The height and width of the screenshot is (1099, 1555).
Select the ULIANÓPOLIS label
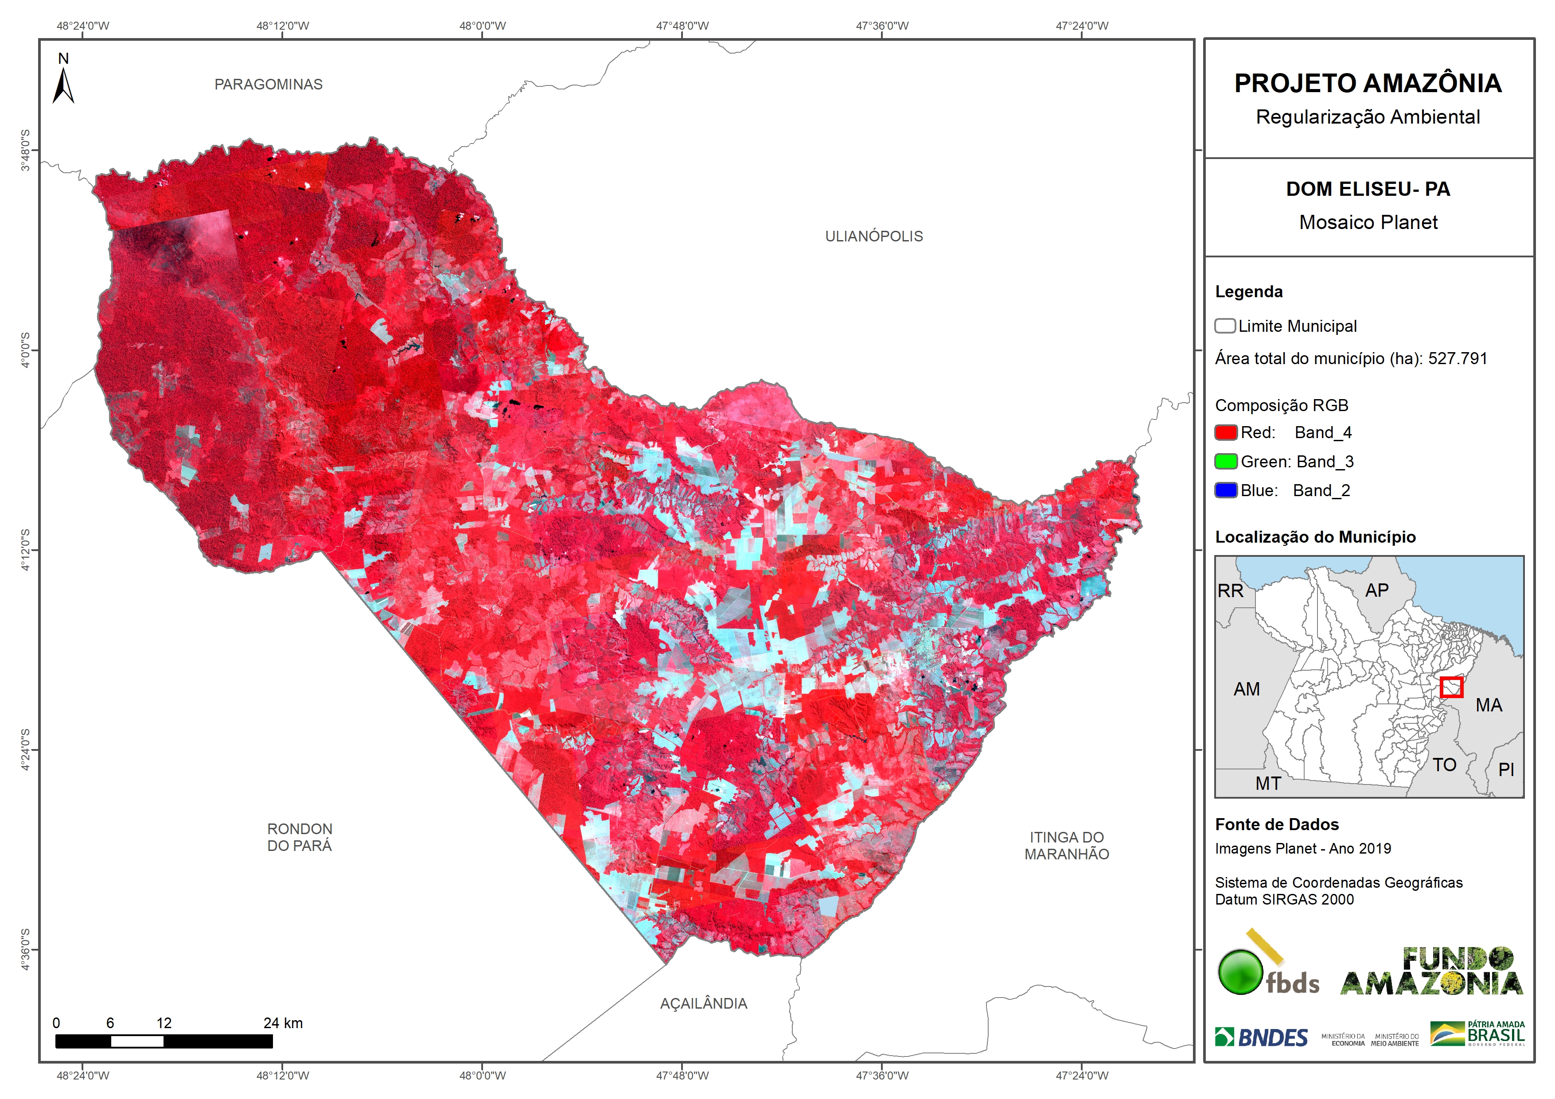coord(874,236)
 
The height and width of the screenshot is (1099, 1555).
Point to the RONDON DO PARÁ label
coord(300,837)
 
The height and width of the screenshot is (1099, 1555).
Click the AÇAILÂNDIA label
coord(704,1003)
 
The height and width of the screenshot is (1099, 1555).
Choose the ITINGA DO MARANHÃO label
coord(1067,846)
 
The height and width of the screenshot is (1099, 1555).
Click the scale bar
coord(164,1041)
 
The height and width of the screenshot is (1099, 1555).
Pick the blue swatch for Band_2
coord(1226,490)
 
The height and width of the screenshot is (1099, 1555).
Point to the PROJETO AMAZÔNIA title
coord(1368,83)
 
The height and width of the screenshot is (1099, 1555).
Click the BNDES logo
coord(1261,1037)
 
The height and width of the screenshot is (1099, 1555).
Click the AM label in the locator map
coord(1246,689)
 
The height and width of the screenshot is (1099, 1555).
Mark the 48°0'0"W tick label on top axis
coord(482,26)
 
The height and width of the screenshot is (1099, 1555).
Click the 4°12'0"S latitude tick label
coord(25,550)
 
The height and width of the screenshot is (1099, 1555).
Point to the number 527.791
coord(1458,359)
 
